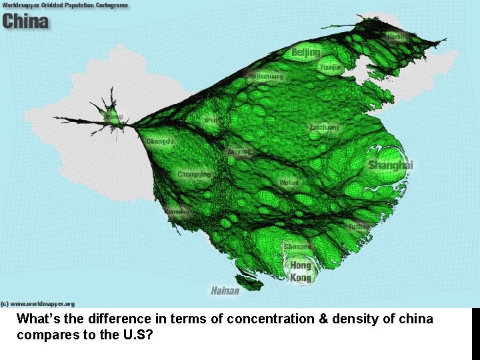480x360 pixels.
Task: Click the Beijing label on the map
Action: pyautogui.click(x=306, y=52)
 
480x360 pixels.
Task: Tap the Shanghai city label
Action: pyautogui.click(x=391, y=165)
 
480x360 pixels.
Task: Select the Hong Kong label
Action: pyautogui.click(x=301, y=271)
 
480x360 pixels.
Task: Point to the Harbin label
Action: pyautogui.click(x=399, y=37)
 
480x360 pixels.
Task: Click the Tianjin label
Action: pyautogui.click(x=330, y=67)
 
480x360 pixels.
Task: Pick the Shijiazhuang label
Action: pyautogui.click(x=265, y=77)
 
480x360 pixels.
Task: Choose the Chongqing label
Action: pyautogui.click(x=194, y=175)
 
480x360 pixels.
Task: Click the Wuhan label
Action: pyautogui.click(x=289, y=182)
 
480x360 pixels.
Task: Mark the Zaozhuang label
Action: pyautogui.click(x=324, y=127)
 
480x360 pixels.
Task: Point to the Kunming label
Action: pyautogui.click(x=177, y=212)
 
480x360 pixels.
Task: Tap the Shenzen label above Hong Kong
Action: pyautogui.click(x=297, y=247)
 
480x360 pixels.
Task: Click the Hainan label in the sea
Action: pyautogui.click(x=225, y=291)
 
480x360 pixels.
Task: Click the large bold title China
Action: pyautogui.click(x=25, y=21)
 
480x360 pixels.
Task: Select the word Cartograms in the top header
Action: pyautogui.click(x=107, y=5)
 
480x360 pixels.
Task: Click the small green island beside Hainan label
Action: pyautogui.click(x=249, y=283)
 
